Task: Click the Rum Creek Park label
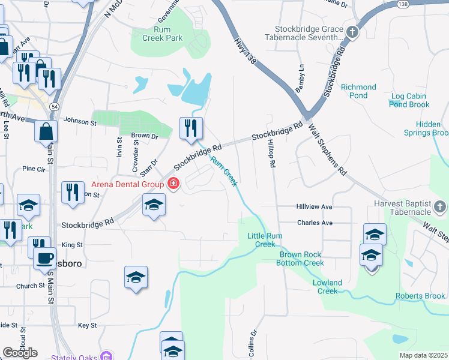162,34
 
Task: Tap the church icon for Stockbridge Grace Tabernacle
352,32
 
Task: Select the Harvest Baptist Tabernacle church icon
440,208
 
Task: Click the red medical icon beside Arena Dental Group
173,184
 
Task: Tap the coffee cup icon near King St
44,258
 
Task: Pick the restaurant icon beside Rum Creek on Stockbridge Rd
191,128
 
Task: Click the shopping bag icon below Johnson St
46,130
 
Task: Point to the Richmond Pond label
358,91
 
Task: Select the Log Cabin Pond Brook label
409,100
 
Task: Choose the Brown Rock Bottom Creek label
301,259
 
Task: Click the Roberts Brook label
420,296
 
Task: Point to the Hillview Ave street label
314,206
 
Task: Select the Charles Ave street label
314,223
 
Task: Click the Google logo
20,352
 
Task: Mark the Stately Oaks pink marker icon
106,356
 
